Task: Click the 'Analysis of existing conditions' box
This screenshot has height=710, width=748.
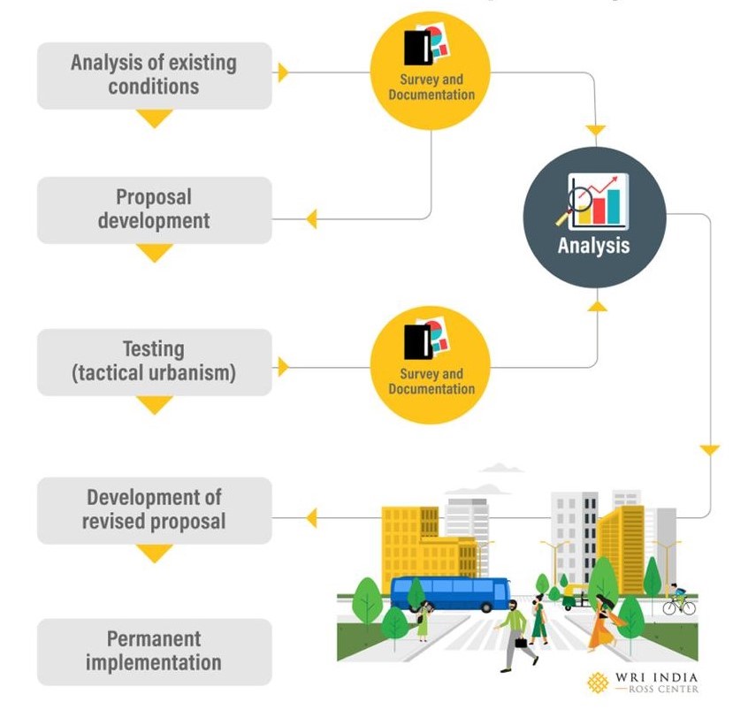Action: point(154,75)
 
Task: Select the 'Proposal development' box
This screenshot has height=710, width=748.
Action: point(154,209)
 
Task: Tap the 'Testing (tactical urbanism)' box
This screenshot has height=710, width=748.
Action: point(154,361)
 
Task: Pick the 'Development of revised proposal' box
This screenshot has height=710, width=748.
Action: point(154,510)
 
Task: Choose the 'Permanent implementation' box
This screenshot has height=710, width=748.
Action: point(154,651)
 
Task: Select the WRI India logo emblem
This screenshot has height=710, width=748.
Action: point(599,683)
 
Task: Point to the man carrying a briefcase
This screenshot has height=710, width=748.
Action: point(515,633)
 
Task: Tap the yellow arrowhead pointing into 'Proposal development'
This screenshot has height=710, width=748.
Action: point(310,218)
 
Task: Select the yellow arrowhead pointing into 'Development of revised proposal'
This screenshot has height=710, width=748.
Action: point(310,518)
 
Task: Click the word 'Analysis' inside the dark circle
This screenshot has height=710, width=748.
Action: point(593,245)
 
